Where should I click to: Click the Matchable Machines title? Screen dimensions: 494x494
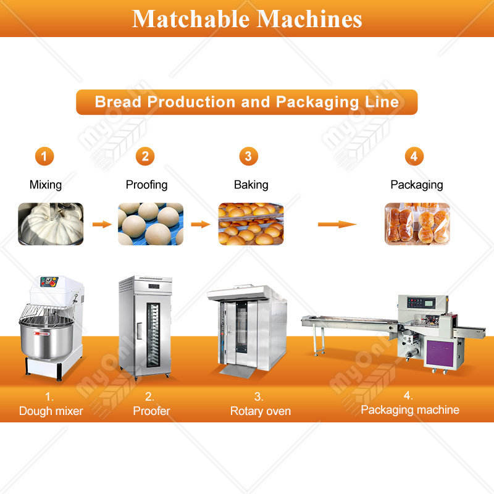[x=247, y=19]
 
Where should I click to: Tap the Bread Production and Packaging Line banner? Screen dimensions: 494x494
[x=246, y=102]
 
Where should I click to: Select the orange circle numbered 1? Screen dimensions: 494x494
[x=44, y=156]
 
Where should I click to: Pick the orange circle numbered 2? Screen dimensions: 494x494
[x=145, y=156]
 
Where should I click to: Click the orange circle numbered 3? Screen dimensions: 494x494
[x=249, y=156]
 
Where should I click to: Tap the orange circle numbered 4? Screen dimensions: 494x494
[x=414, y=156]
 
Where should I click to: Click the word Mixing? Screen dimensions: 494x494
[x=45, y=185]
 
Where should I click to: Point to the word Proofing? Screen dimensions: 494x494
[x=146, y=185]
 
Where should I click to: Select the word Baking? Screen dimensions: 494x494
[x=251, y=185]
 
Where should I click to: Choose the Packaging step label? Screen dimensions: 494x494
[x=416, y=185]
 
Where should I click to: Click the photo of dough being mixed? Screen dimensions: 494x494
[x=51, y=224]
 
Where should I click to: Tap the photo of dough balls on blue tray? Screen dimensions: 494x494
[x=151, y=224]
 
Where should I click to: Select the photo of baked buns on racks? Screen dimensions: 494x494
[x=251, y=224]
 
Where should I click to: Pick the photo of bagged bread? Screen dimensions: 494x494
[x=417, y=224]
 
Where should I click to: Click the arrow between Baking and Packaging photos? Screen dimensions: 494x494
[x=337, y=224]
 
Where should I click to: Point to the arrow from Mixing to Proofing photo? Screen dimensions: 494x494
[x=102, y=224]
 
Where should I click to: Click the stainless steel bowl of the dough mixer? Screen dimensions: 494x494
[x=47, y=338]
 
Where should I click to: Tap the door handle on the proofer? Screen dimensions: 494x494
[x=139, y=331]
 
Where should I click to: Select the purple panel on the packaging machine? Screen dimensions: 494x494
[x=440, y=353]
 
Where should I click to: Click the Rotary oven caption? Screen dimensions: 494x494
[x=260, y=411]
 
